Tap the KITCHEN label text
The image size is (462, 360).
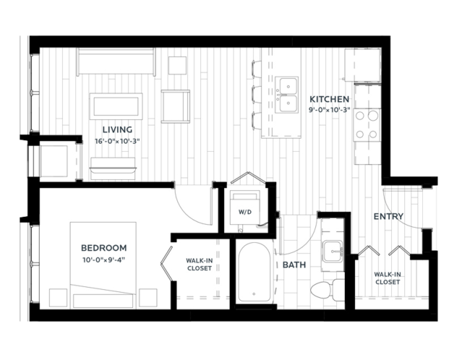pyautogui.click(x=329, y=99)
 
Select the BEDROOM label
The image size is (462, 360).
pyautogui.click(x=103, y=248)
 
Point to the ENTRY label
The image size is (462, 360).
pyautogui.click(x=388, y=217)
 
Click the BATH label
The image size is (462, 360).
pyautogui.click(x=294, y=265)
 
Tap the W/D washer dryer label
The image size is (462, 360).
pyautogui.click(x=245, y=212)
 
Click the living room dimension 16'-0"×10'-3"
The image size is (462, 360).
pyautogui.click(x=117, y=142)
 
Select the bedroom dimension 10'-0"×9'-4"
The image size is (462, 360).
pyautogui.click(x=104, y=260)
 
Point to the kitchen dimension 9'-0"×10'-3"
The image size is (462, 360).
pyautogui.click(x=329, y=110)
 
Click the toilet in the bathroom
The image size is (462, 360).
pyautogui.click(x=328, y=290)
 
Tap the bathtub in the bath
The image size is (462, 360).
pyautogui.click(x=254, y=273)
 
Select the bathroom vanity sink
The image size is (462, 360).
pyautogui.click(x=333, y=252)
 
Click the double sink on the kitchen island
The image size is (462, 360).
pyautogui.click(x=286, y=95)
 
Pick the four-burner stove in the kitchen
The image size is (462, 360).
pyautogui.click(x=367, y=125)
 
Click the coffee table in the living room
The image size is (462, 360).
pyautogui.click(x=116, y=106)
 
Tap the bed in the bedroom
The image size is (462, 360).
pyautogui.click(x=103, y=265)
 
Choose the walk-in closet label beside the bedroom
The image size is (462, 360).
pyautogui.click(x=199, y=265)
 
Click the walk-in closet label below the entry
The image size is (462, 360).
pyautogui.click(x=387, y=278)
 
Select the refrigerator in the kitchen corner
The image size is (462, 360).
pyautogui.click(x=363, y=65)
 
